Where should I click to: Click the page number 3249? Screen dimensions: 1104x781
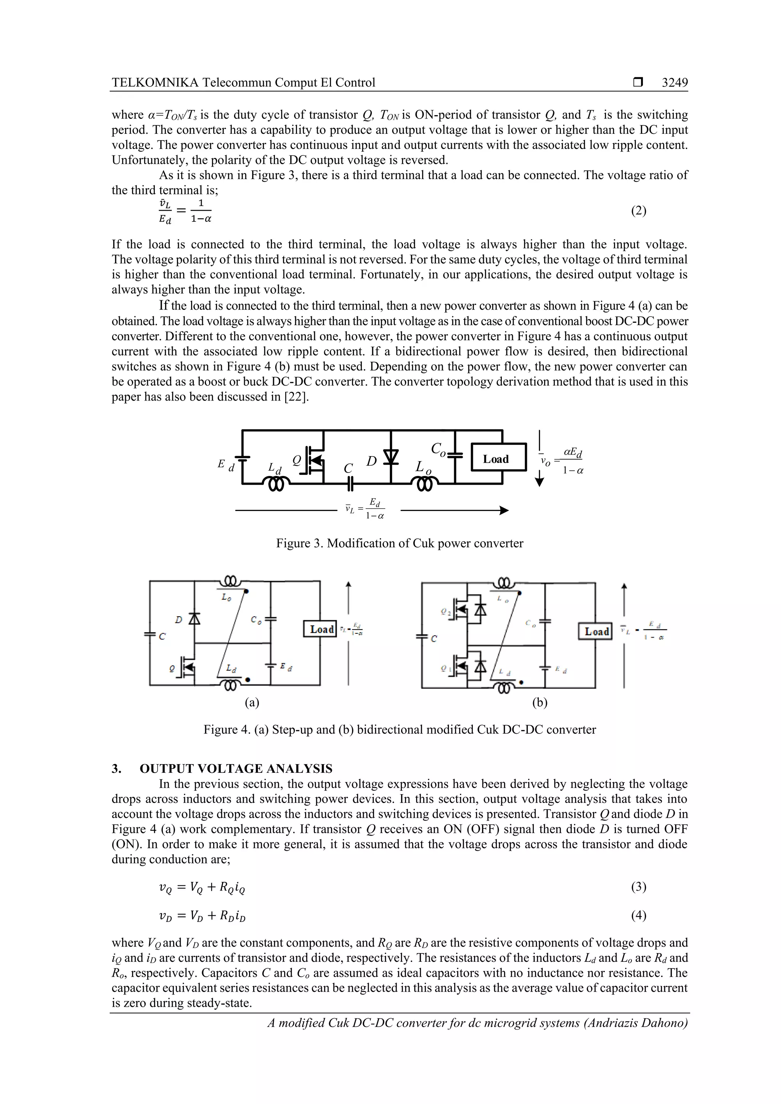(x=674, y=83)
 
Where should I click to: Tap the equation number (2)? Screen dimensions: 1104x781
(x=638, y=211)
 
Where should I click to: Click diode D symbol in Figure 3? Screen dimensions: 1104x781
(x=391, y=456)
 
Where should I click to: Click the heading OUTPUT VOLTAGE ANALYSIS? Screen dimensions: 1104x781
(x=236, y=768)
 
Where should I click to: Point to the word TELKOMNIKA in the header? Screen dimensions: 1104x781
(x=155, y=83)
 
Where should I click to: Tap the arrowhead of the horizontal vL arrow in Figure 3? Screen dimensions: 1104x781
(x=504, y=511)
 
